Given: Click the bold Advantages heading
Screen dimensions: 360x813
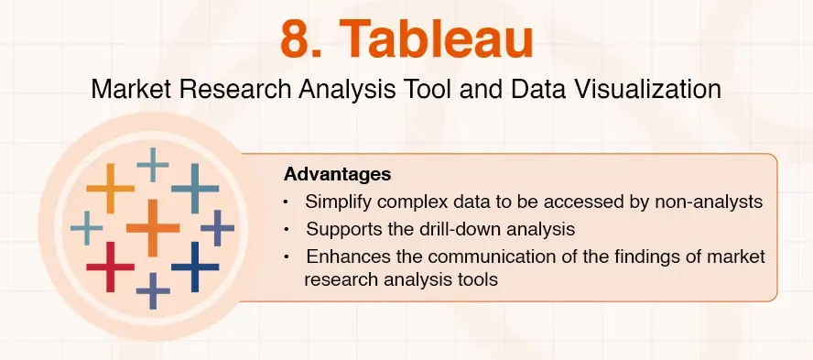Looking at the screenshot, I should click(337, 174).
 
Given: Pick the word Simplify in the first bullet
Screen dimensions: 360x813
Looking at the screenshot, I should click(338, 202).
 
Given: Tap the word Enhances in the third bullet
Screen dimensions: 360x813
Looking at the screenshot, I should click(343, 256).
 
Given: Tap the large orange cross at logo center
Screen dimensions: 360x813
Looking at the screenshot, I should click(152, 226).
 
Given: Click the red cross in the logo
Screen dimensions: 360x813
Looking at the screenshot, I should click(110, 267).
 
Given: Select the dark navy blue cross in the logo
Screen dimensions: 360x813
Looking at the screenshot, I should click(195, 267).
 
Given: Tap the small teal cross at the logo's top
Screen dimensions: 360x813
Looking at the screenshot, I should click(153, 165).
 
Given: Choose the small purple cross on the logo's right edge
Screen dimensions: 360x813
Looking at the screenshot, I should click(218, 227).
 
